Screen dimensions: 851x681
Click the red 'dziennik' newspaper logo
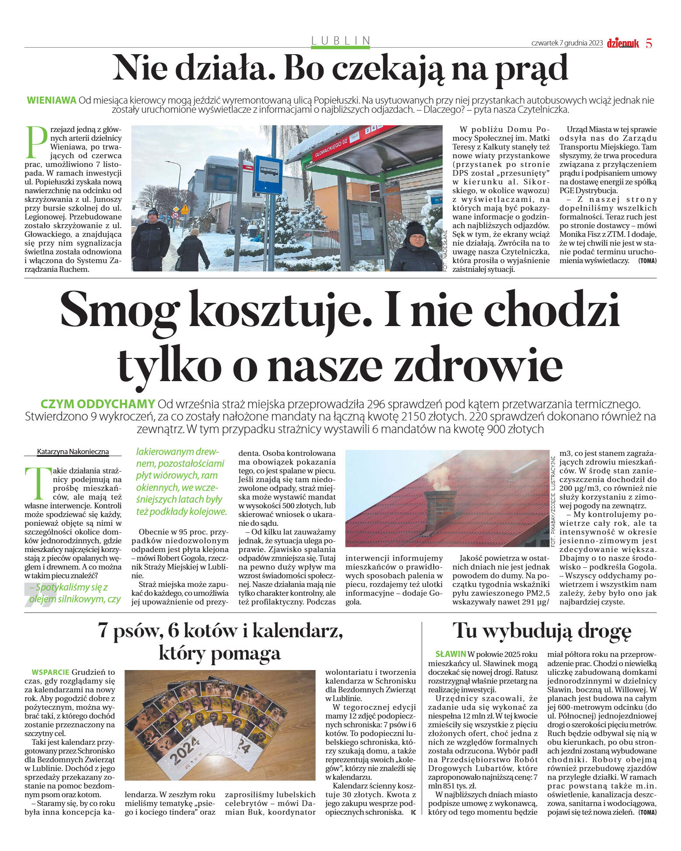622,43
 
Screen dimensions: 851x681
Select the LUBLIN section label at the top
340,41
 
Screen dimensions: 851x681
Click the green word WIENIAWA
52,100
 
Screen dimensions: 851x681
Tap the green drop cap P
36,142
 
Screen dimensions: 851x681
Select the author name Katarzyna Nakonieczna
73,452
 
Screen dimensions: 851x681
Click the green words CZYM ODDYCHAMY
97,403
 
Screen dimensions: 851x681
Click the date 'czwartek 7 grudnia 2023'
566,43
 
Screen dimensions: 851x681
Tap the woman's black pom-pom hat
416,229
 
